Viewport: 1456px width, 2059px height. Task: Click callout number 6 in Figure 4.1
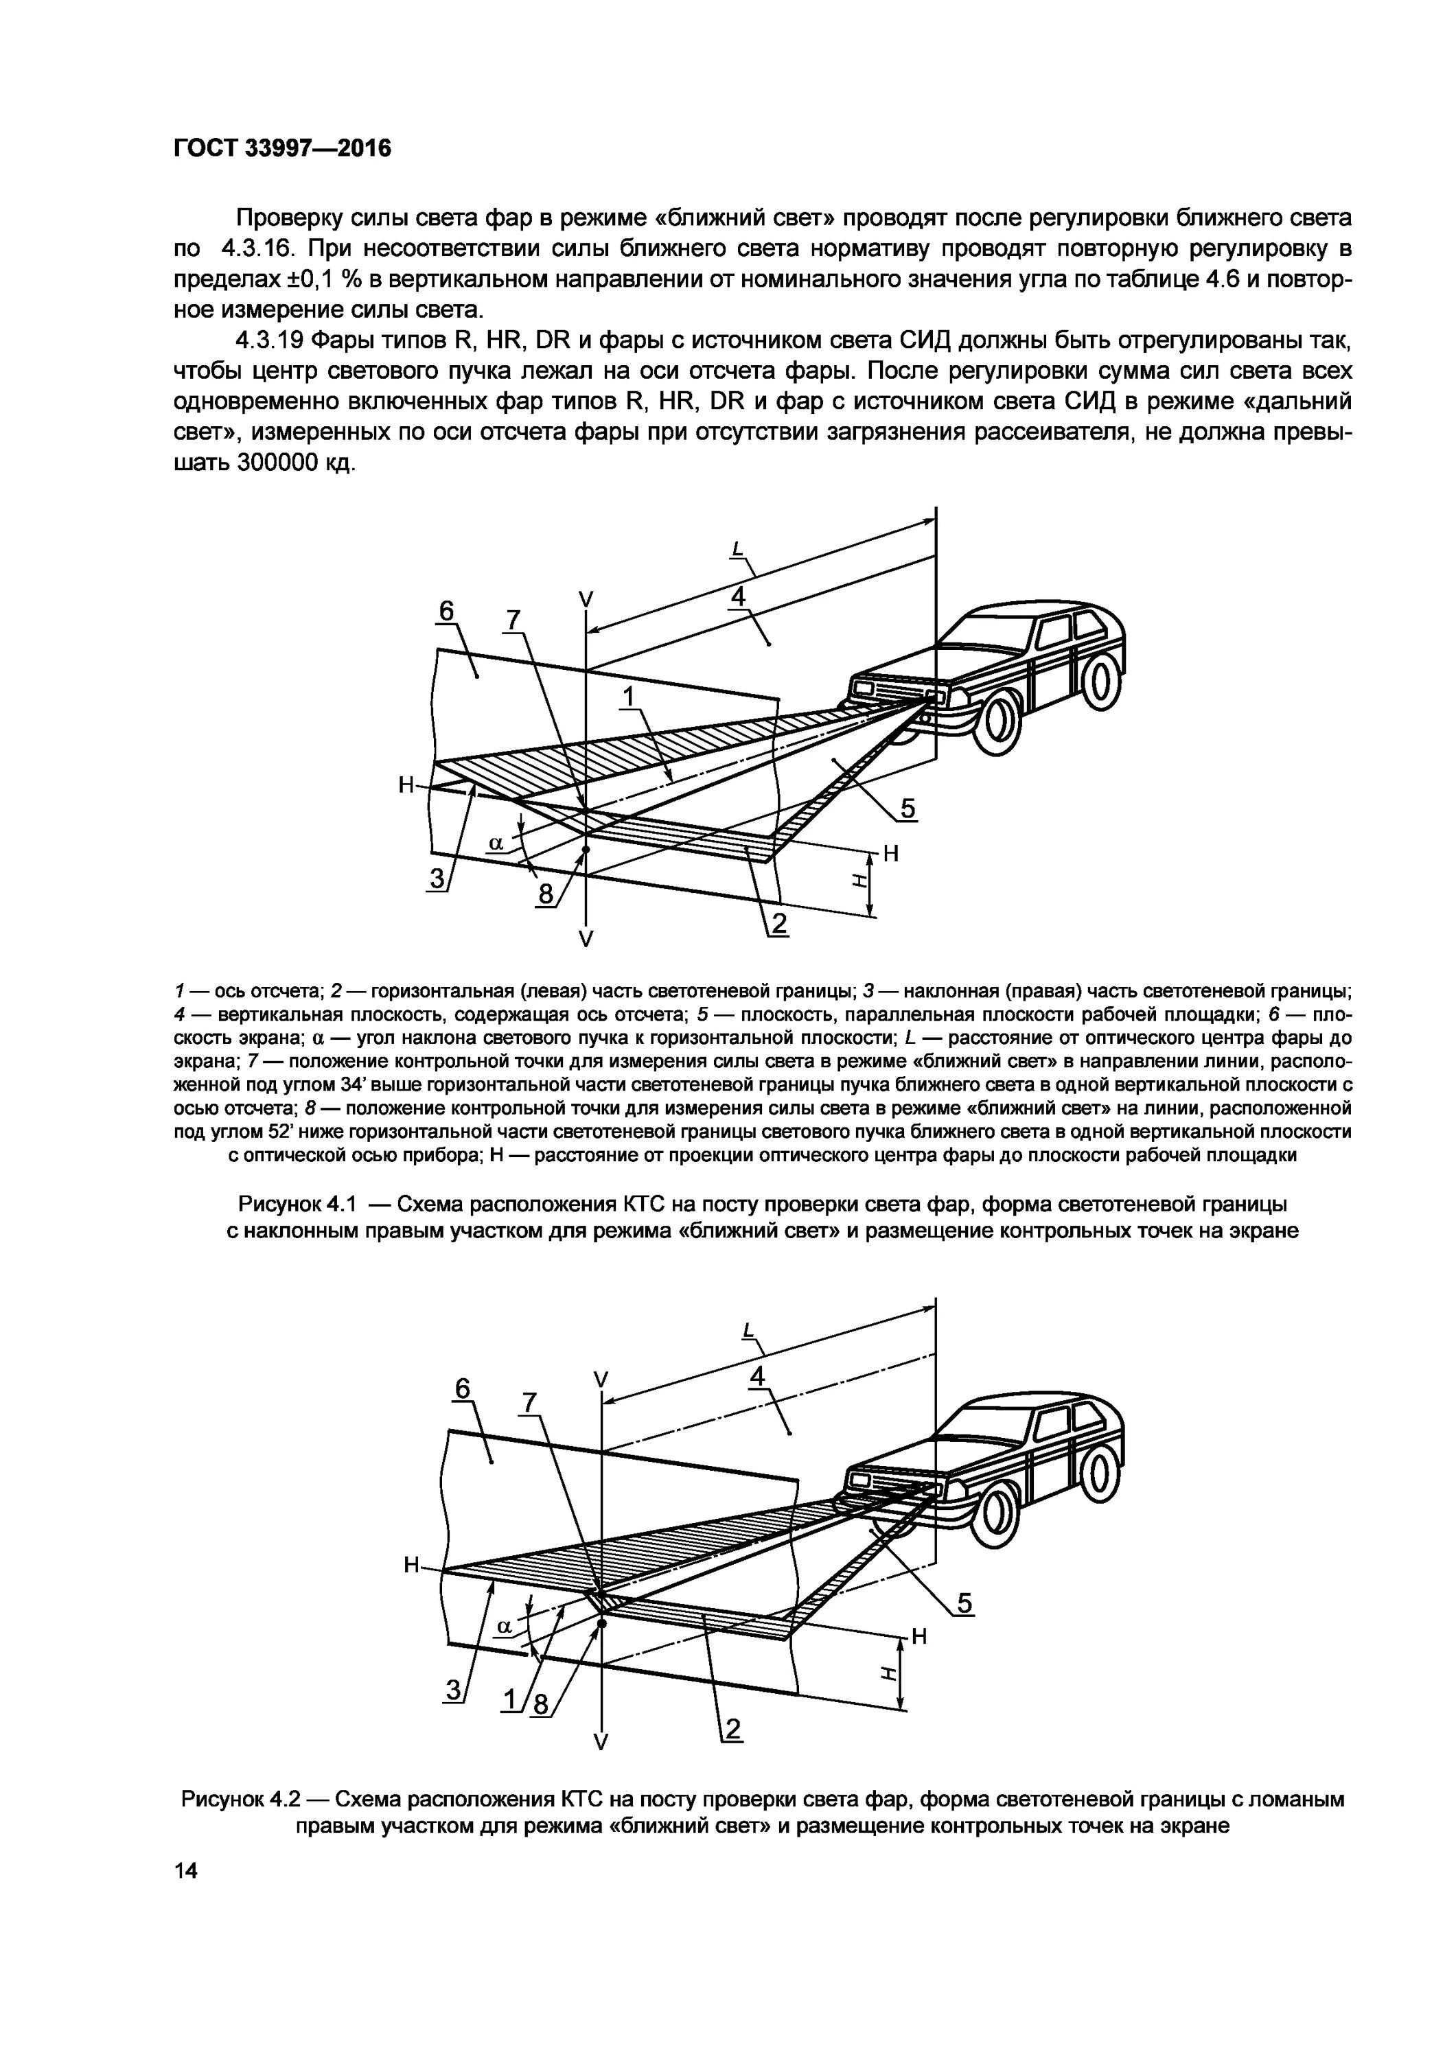pyautogui.click(x=446, y=611)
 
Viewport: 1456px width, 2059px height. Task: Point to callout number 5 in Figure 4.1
pyautogui.click(x=908, y=809)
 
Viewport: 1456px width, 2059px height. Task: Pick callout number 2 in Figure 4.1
pyautogui.click(x=778, y=924)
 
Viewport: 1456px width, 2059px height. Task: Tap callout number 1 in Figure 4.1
pyautogui.click(x=628, y=696)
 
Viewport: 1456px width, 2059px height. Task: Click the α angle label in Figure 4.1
pyautogui.click(x=494, y=842)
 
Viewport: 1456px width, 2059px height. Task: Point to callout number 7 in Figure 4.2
pyautogui.click(x=529, y=1401)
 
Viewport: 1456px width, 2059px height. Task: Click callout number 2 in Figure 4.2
pyautogui.click(x=733, y=1729)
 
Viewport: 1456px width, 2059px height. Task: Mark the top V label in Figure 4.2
pyautogui.click(x=601, y=1377)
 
